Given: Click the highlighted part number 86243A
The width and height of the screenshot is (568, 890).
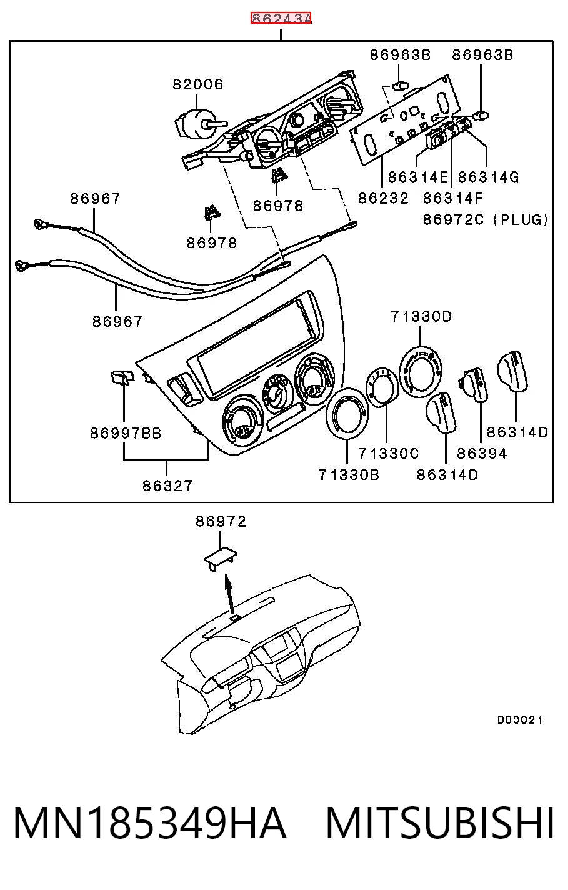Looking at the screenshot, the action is [281, 18].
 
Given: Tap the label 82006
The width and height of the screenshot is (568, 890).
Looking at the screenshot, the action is [198, 84].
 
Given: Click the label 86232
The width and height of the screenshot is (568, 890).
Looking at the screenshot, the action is [383, 198].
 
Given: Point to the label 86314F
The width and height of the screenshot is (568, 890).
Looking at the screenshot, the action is [453, 198].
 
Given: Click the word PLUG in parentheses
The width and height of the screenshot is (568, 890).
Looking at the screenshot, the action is [521, 219].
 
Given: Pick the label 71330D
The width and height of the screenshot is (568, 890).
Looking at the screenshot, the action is [421, 317].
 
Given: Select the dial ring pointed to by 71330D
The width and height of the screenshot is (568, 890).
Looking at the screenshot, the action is [421, 371].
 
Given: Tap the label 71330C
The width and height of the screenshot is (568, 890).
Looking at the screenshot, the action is [389, 453].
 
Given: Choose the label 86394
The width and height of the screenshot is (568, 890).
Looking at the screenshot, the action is [482, 453].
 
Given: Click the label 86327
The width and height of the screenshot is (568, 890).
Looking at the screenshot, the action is [167, 486].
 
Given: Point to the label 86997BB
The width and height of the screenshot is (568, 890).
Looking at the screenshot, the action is [126, 433].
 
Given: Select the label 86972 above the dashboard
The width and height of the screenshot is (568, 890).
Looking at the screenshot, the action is [221, 521].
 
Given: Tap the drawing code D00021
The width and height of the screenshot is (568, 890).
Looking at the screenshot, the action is [520, 719].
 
